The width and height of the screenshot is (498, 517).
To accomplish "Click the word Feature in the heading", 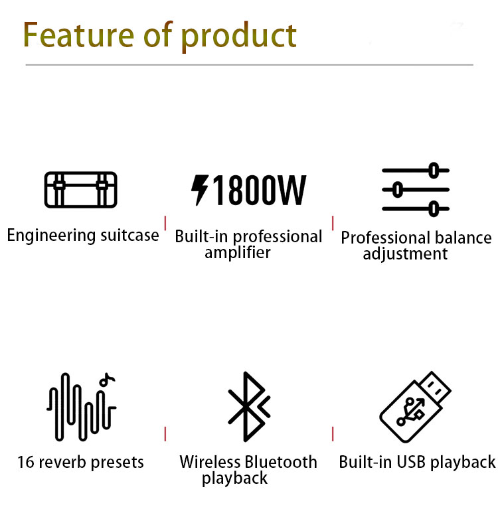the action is point(78,35).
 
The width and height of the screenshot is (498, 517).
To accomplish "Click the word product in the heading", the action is point(239,37).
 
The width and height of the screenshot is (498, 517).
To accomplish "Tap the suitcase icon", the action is point(81,190).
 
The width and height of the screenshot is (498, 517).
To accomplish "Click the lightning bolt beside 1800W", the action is point(200,190).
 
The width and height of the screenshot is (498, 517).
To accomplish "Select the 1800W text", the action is point(260,190).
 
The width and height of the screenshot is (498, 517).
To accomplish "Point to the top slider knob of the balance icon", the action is point(434,171).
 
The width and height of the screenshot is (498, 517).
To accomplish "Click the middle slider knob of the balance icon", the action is point(398,190).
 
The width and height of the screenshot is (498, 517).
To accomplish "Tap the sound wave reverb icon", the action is point(81,407).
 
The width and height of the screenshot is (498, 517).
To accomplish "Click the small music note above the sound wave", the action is point(107,380).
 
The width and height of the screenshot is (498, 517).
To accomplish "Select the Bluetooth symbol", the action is point(249,407).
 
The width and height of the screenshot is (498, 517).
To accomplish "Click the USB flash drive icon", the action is point(415,407).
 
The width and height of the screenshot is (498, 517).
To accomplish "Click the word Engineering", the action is point(52,236).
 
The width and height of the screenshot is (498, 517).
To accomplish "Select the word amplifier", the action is point(238,253).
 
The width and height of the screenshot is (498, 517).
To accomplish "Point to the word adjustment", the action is point(405,254).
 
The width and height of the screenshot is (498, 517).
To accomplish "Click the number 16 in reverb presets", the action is point(26,463).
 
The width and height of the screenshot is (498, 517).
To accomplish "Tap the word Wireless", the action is point(209,462).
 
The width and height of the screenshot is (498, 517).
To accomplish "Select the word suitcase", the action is point(129,236).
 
